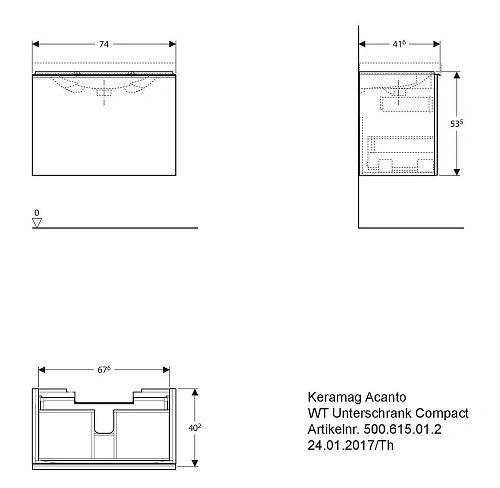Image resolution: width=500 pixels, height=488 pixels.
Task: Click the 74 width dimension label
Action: [x=104, y=44]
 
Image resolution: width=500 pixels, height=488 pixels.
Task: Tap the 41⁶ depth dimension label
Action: [x=399, y=44]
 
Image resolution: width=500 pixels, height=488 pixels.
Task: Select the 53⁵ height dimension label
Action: [x=456, y=123]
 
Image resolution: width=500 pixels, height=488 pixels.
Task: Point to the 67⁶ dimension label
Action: [x=104, y=370]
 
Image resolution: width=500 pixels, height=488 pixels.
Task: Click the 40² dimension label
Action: [x=195, y=427]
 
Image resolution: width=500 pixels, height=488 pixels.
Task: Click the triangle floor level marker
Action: [x=37, y=223]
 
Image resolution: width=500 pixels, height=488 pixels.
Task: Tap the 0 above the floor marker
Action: [x=37, y=212]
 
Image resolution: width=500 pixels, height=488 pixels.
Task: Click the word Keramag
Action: [x=335, y=397]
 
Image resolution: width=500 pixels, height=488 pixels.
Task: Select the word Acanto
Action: [x=386, y=397]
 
